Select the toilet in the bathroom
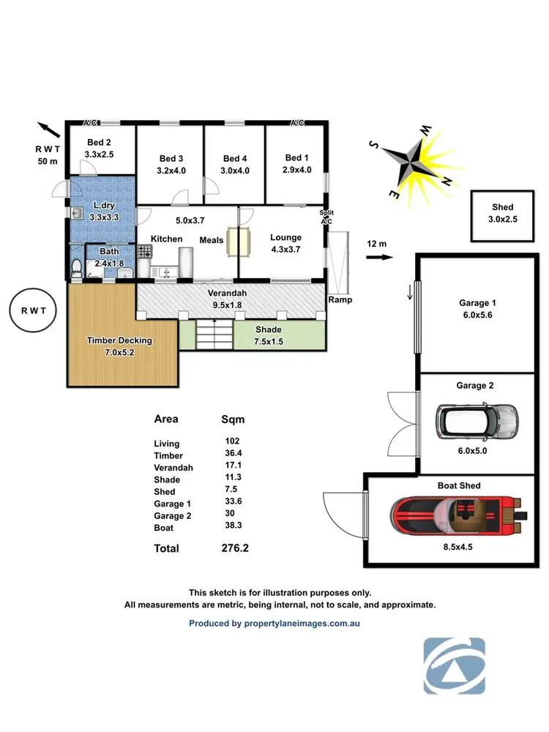pyautogui.click(x=77, y=269)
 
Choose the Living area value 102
pyautogui.click(x=233, y=441)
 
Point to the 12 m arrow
pyautogui.click(x=379, y=258)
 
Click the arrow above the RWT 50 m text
pyautogui.click(x=49, y=130)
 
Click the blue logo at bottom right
pyautogui.click(x=454, y=665)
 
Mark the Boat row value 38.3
pyautogui.click(x=233, y=526)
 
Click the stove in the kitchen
pyautogui.click(x=144, y=253)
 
